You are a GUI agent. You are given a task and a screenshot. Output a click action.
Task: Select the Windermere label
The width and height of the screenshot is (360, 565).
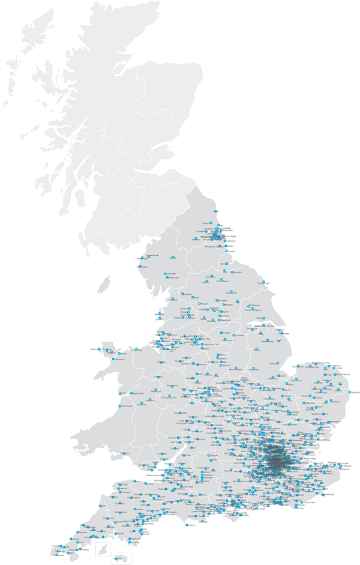click(x=173, y=277)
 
